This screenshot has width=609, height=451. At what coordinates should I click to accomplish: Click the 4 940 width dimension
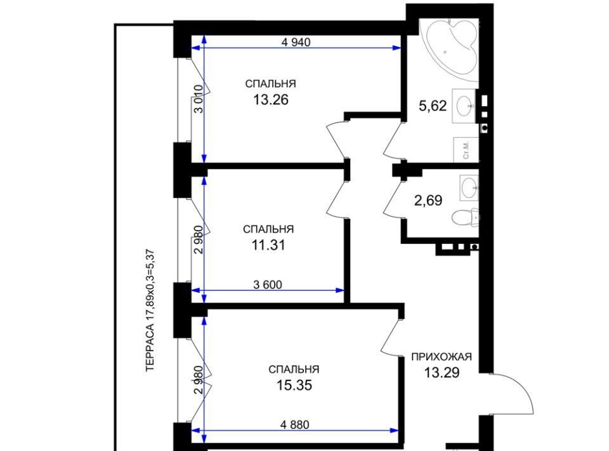click(x=296, y=42)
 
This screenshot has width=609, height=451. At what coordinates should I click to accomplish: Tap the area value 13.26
click(x=271, y=100)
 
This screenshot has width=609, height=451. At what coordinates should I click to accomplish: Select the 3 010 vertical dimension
click(x=198, y=98)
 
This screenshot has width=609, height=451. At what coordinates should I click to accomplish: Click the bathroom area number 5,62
click(x=433, y=105)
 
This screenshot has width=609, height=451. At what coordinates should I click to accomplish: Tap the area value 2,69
click(x=428, y=201)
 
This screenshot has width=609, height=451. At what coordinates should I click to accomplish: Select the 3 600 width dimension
click(x=268, y=285)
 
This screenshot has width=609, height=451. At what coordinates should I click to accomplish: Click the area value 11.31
click(x=268, y=245)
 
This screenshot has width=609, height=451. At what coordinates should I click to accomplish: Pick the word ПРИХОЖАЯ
click(x=442, y=357)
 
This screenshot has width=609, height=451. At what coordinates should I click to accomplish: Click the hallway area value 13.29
click(x=442, y=373)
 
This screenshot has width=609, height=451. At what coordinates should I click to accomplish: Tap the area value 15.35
click(x=294, y=386)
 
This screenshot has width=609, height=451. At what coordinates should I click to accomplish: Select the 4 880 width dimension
click(x=295, y=425)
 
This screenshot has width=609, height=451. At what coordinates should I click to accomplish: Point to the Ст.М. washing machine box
click(x=466, y=150)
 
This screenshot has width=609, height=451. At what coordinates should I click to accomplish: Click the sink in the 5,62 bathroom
click(x=465, y=106)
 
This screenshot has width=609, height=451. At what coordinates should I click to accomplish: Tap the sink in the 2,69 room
click(x=469, y=187)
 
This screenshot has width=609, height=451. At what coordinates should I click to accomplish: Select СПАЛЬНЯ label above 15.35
click(x=294, y=369)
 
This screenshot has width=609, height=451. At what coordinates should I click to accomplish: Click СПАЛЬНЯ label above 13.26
click(x=270, y=84)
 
